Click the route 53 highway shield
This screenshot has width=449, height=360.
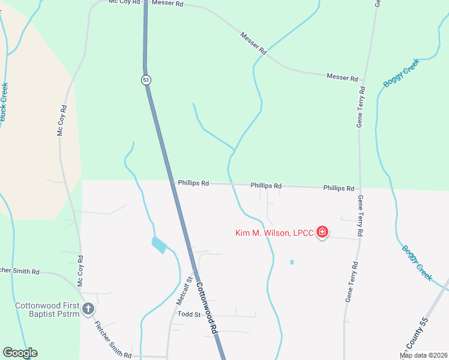pyautogui.click(x=146, y=80)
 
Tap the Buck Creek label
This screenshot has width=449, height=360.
pyautogui.click(x=4, y=101)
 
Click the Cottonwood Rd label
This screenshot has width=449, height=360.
pyautogui.click(x=206, y=308)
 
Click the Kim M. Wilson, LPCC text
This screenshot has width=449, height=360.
pyautogui.click(x=274, y=233)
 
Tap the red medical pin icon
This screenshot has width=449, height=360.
pyautogui.click(x=322, y=232)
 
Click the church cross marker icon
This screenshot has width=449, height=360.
pyautogui.click(x=88, y=309)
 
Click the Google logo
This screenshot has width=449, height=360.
pyautogui.click(x=20, y=353)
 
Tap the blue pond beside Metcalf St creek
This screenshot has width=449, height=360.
pyautogui.click(x=160, y=245)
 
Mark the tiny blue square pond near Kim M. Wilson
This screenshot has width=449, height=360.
pyautogui.click(x=292, y=262)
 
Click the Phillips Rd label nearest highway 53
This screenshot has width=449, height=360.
pyautogui.click(x=193, y=183)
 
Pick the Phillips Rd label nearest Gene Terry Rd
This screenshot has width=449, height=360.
pyautogui.click(x=339, y=188)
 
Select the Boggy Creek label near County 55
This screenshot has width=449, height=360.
pyautogui.click(x=417, y=262)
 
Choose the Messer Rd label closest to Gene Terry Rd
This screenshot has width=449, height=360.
pyautogui.click(x=342, y=78)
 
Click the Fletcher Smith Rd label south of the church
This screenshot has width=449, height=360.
pyautogui.click(x=113, y=339)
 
